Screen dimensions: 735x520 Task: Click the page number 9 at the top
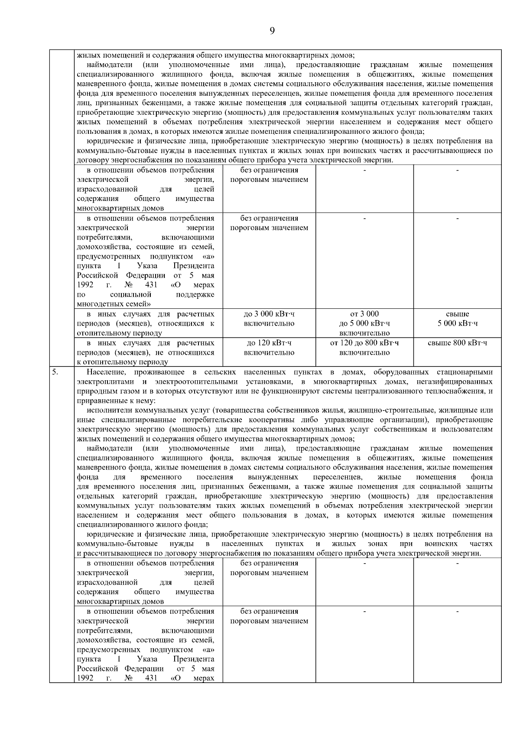point(272,30)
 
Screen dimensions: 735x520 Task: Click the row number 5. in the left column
point(55,372)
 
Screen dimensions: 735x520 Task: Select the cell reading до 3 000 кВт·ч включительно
point(269,319)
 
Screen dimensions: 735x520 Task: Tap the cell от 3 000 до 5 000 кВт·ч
point(364,323)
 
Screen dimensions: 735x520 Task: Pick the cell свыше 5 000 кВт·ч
point(457,319)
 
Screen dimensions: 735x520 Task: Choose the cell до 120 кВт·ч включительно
point(269,348)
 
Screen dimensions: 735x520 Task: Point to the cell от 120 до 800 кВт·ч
point(364,348)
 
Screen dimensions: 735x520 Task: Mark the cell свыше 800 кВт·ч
point(457,343)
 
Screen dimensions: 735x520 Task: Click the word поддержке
point(195,295)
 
